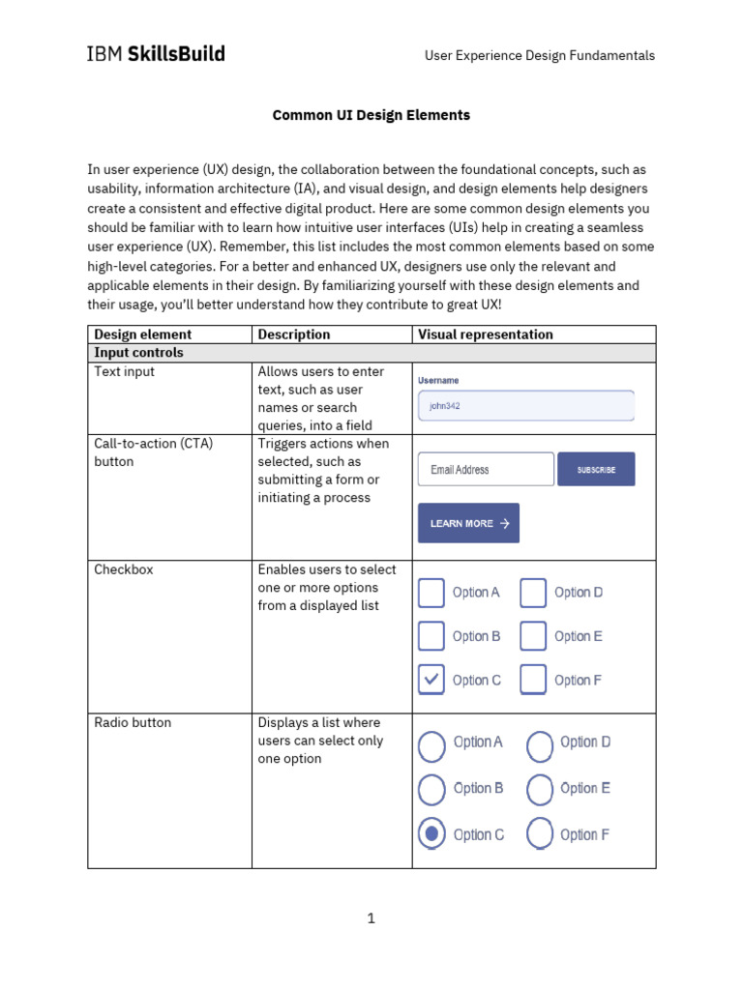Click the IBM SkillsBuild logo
(156, 54)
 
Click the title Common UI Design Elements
(371, 115)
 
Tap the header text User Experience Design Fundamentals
(540, 55)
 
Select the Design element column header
(142, 335)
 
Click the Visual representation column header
(486, 335)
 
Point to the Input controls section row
(138, 353)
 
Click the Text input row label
(124, 371)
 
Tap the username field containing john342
(525, 406)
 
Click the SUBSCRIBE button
(596, 469)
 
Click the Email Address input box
(486, 469)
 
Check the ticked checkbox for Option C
(431, 680)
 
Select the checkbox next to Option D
(533, 592)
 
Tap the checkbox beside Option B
(431, 636)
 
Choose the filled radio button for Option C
(432, 833)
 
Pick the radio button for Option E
(540, 788)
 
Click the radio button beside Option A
(432, 742)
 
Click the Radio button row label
(131, 722)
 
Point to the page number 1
(371, 918)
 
